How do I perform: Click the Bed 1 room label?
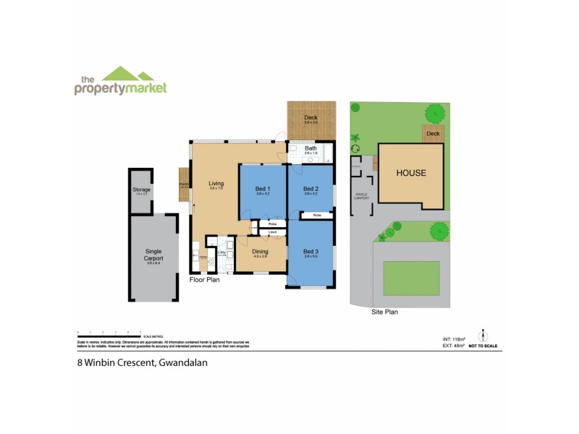263,190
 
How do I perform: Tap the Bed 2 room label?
311,190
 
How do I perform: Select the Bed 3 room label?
311,251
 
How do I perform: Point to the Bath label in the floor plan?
310,149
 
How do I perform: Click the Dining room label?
261,251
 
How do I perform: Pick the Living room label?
216,184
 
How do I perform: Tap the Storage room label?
141,190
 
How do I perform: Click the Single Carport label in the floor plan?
153,255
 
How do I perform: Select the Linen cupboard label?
273,232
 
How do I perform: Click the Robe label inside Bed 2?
317,216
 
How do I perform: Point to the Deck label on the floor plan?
310,118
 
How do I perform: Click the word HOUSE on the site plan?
410,174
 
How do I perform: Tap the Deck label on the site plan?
433,134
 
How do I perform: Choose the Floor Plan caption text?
205,278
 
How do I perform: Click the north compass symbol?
483,336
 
